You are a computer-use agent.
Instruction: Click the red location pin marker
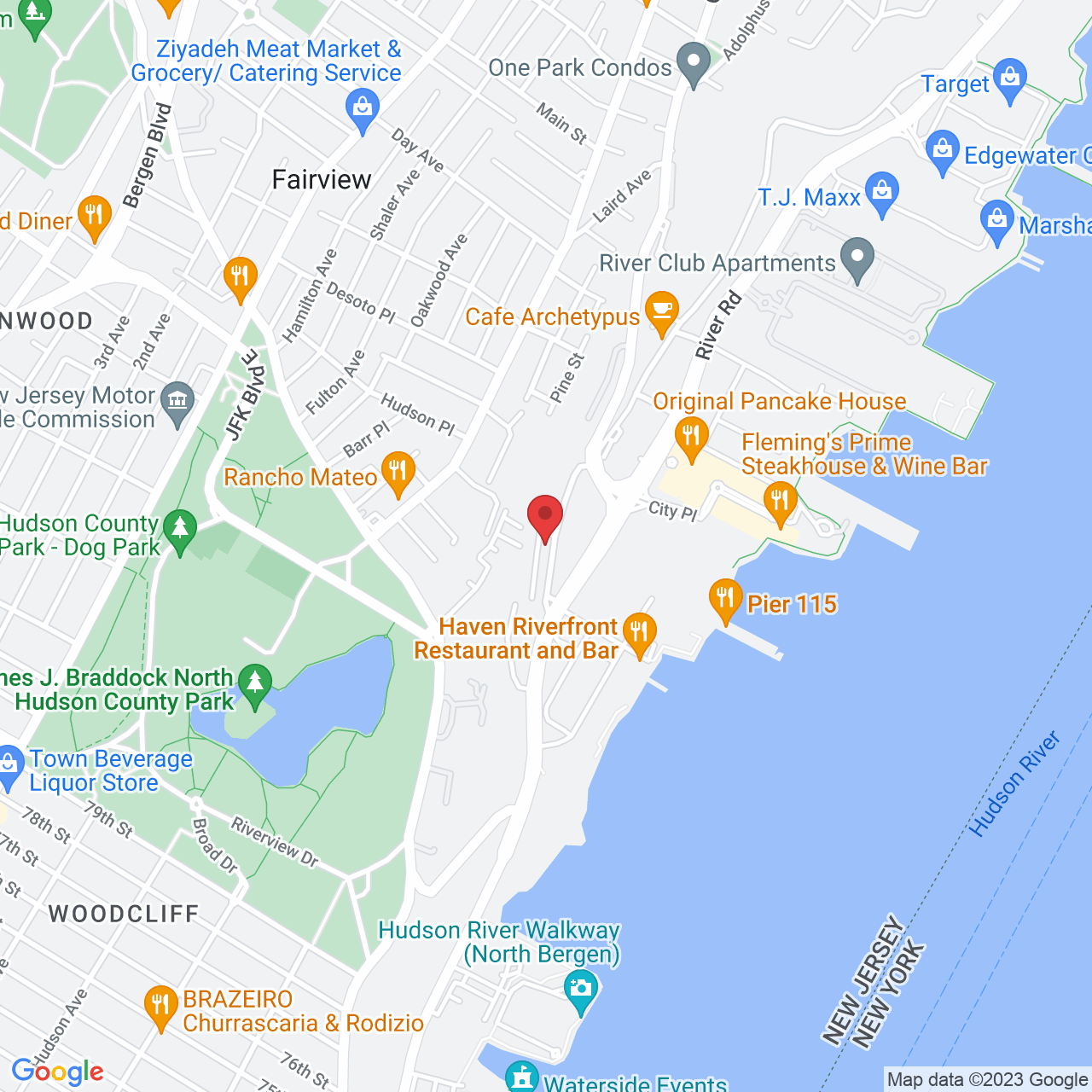coord(544,515)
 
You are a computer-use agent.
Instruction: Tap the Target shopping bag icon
coord(1010,79)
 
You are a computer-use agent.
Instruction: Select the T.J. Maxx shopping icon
coord(882,193)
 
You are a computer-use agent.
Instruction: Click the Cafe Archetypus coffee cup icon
coord(662,312)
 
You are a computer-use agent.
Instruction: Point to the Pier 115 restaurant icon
coord(725,600)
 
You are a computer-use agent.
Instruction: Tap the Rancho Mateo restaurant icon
coord(398,473)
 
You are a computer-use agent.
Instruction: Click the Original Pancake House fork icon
coord(691,438)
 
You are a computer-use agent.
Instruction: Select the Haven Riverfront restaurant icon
coord(639,635)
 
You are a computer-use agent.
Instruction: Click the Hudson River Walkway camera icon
coord(581,990)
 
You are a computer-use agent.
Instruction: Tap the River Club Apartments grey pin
coord(857,258)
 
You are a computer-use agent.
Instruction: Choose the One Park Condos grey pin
coord(693,63)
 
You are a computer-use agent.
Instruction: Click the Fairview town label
coord(322,180)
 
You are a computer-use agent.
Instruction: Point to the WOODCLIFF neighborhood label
coord(124,914)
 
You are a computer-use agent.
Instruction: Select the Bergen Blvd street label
coord(147,156)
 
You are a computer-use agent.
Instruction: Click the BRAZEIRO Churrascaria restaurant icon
coord(160,1007)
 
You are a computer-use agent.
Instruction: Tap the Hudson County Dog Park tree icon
coord(179,530)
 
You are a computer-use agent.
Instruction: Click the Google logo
coord(58,1072)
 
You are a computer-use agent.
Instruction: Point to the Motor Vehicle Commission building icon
coord(177,403)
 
